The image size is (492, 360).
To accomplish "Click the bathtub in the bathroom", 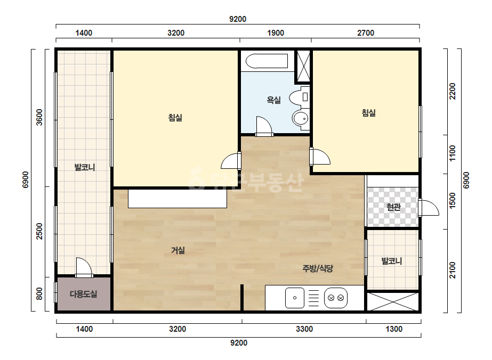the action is click(x=267, y=61).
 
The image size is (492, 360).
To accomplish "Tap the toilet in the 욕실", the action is click(x=300, y=97).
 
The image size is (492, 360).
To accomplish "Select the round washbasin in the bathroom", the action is click(x=301, y=119).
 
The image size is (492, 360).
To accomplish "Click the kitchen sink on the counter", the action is click(x=295, y=298).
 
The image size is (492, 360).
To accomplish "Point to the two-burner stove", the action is click(x=336, y=298).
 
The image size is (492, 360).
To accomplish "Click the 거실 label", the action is click(x=178, y=250).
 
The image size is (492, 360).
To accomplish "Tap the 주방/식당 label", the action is click(x=318, y=268).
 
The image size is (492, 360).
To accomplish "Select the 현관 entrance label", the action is click(x=393, y=207).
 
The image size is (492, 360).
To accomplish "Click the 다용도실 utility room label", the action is click(x=84, y=294).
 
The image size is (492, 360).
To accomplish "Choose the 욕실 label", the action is click(x=273, y=100).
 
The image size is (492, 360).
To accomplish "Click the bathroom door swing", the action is click(x=264, y=126).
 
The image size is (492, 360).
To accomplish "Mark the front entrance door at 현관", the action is click(x=429, y=208).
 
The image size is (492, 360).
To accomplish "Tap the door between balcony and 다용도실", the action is click(x=84, y=268).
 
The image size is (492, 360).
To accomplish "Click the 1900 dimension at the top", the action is click(x=276, y=33).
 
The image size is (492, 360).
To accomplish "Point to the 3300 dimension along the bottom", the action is click(x=304, y=329).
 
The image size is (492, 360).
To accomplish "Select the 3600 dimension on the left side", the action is click(x=39, y=117).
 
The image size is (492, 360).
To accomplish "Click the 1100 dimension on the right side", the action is click(x=452, y=153).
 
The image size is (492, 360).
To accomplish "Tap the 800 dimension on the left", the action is click(x=39, y=294).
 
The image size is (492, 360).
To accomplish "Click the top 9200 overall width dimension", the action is click(x=238, y=19).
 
